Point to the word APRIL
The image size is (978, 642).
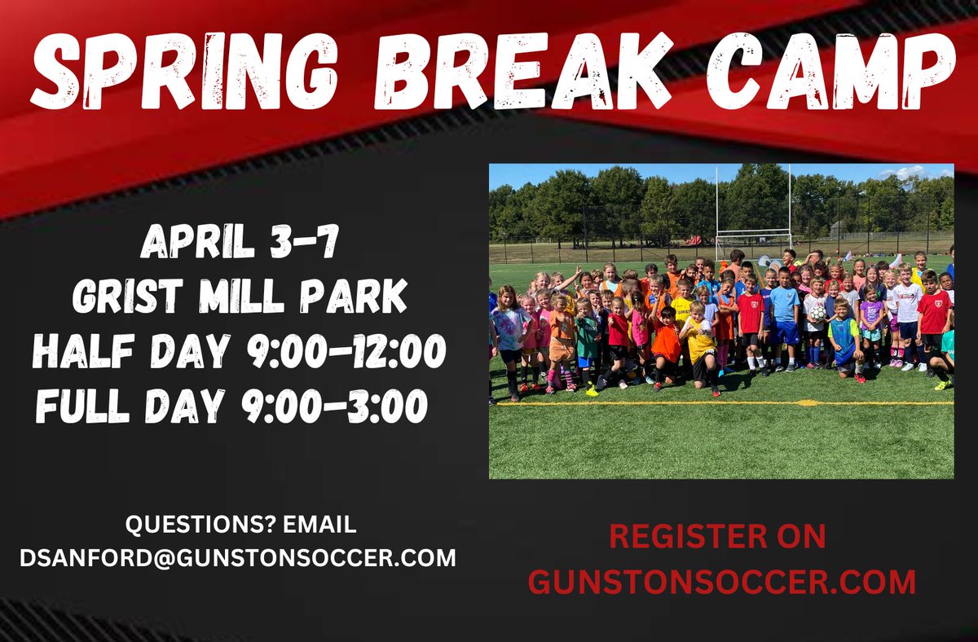click(200, 243)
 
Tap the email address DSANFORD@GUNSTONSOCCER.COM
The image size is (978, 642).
click(238, 559)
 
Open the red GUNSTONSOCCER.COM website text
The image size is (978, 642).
click(721, 582)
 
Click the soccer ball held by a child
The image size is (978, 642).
click(817, 312)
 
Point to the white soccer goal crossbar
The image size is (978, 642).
click(753, 232)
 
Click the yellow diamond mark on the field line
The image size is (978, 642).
click(807, 402)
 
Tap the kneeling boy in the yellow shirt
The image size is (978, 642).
click(700, 342)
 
